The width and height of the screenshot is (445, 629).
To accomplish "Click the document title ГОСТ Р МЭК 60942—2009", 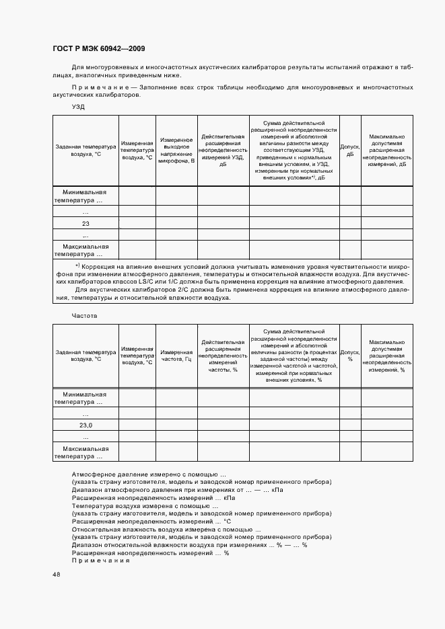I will [98, 49].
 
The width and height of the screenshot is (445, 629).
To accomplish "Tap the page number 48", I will [56, 574].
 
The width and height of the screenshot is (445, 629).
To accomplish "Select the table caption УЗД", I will [79, 107].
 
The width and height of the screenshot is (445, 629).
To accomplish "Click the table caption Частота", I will [85, 314].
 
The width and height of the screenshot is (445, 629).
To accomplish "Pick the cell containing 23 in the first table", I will [85, 224].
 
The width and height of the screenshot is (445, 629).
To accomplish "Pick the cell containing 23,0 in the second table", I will [85, 425].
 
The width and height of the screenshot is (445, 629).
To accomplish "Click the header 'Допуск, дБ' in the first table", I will [349, 150].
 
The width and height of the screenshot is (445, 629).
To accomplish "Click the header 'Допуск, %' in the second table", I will [349, 355].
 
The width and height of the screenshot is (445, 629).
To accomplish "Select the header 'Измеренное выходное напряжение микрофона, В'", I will [176, 150].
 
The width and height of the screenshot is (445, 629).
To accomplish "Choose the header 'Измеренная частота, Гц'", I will [176, 355].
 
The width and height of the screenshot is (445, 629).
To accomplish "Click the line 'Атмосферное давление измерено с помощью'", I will [148, 474].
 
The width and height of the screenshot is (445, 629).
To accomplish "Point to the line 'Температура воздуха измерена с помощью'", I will [145, 505].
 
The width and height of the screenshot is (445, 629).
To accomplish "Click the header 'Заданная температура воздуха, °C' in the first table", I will [85, 150].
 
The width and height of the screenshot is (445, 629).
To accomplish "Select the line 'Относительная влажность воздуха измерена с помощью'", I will [166, 529].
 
